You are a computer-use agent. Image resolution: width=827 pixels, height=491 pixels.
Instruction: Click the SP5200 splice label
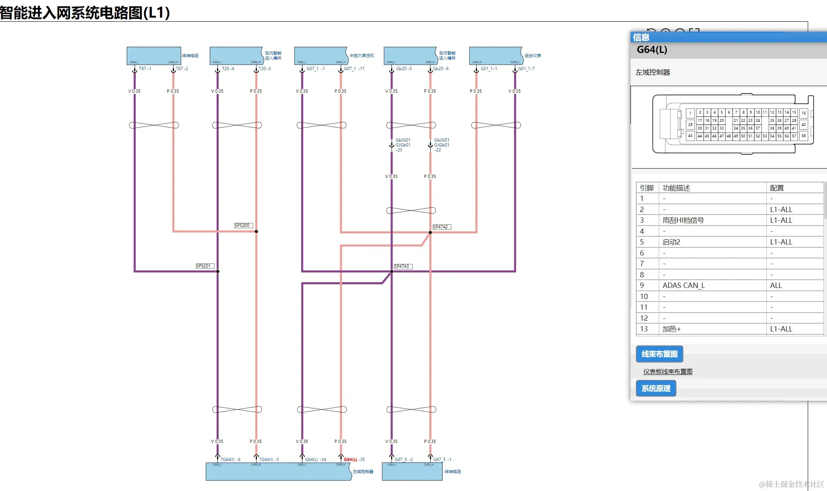tap(243, 225)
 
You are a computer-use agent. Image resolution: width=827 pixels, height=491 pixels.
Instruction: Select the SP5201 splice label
tap(204, 266)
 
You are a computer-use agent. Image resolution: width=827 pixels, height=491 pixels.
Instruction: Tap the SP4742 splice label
tap(441, 227)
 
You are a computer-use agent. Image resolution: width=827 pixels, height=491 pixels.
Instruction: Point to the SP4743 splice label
tap(402, 266)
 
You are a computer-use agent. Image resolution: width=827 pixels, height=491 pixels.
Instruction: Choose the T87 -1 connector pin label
tap(145, 69)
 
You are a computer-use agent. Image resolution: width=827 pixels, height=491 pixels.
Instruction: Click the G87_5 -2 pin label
tap(404, 459)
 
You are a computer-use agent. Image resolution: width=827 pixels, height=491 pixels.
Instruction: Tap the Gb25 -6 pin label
tap(441, 69)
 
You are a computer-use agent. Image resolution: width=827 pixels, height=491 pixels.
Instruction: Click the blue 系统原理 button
tap(656, 388)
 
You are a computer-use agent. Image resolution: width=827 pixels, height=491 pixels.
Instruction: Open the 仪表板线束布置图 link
tap(667, 371)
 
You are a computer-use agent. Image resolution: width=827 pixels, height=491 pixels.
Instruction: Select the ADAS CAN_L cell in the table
tap(683, 285)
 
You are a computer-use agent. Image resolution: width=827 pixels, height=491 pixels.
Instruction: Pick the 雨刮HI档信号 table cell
tap(683, 220)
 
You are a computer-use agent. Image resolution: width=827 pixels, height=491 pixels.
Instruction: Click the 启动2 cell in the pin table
tap(671, 242)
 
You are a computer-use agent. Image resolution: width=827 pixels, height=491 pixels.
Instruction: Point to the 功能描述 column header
tap(676, 188)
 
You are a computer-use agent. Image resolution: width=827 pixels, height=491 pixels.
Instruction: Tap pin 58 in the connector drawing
tap(803, 136)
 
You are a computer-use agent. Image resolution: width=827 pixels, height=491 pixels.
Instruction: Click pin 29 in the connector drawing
tap(690, 124)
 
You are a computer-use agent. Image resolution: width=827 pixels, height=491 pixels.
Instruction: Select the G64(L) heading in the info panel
tap(652, 50)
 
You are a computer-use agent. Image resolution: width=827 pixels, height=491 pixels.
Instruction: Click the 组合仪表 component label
tap(532, 55)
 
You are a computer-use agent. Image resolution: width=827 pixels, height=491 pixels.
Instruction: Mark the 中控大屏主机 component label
tap(361, 55)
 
